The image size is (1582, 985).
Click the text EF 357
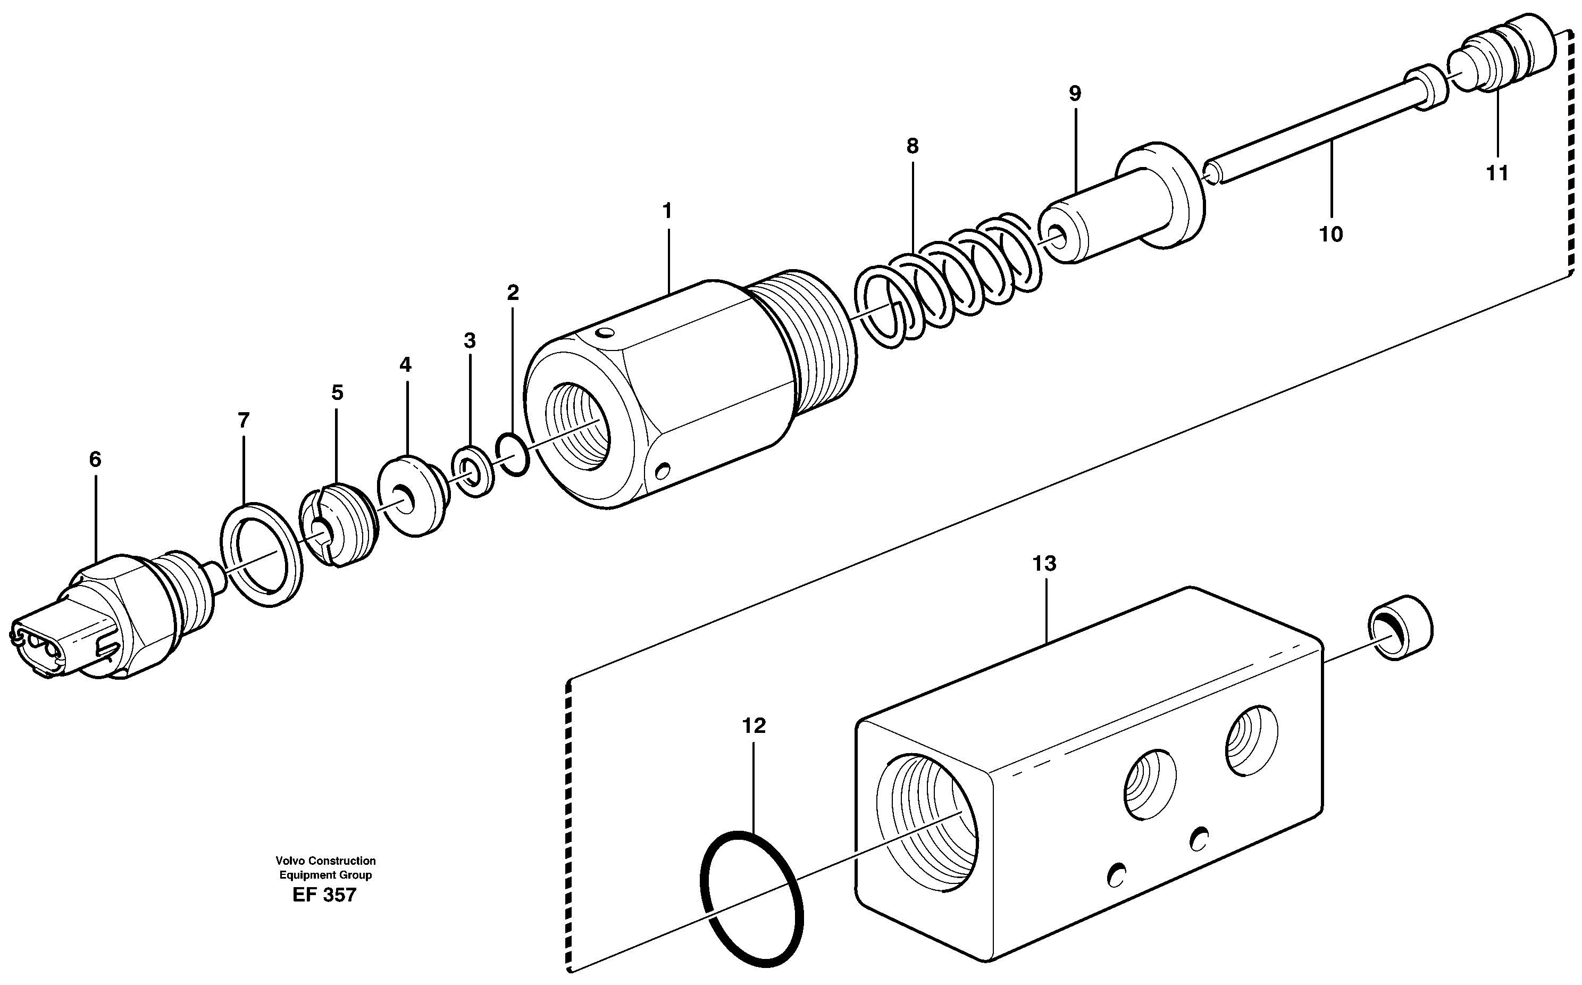coord(324,895)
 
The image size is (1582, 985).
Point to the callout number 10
coord(1330,234)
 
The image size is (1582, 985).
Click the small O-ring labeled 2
coord(513,454)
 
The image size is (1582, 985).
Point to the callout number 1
coord(666,211)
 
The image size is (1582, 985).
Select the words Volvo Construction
coord(325,861)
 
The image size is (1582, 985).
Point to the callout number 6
coord(95,460)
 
